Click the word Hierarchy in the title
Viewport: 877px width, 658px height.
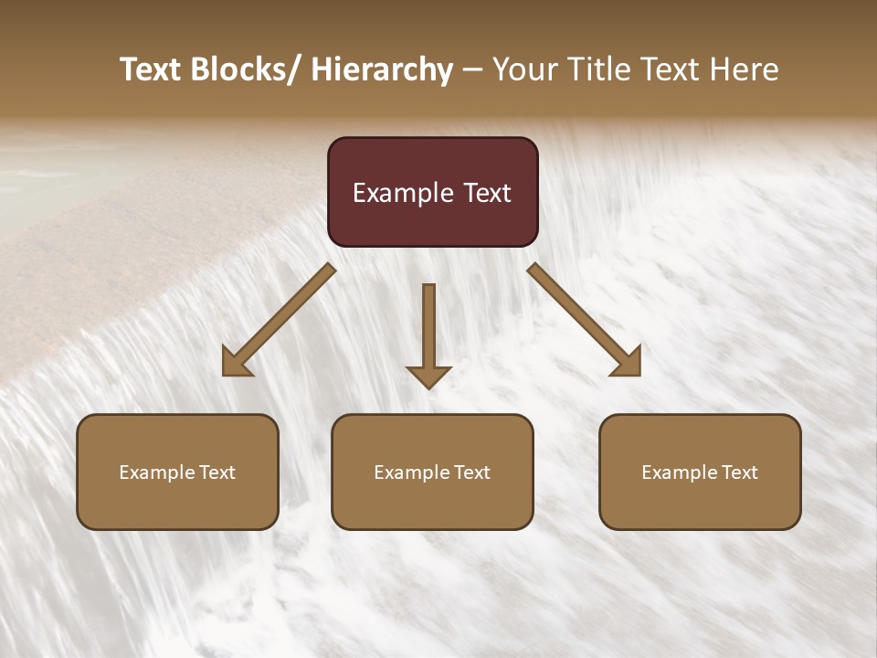pyautogui.click(x=382, y=69)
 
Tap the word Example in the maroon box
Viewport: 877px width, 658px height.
pyautogui.click(x=403, y=193)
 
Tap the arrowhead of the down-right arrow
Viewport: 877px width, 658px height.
pyautogui.click(x=629, y=364)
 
